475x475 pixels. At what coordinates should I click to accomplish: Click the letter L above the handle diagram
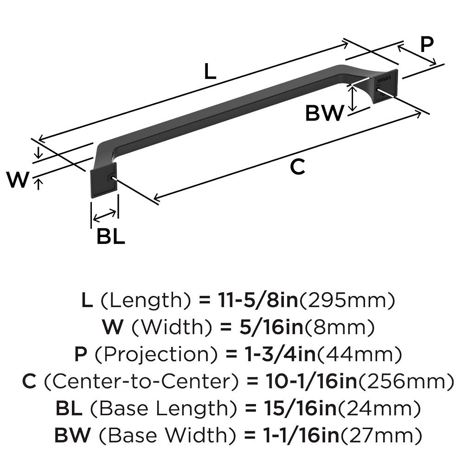coord(210,72)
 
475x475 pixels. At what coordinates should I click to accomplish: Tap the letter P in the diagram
coord(426,45)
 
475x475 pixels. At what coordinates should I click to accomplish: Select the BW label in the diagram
coord(325,113)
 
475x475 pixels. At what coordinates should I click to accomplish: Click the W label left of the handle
coord(18,180)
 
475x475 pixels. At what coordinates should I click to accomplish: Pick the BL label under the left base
coord(110,237)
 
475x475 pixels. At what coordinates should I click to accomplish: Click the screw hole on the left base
coord(111,179)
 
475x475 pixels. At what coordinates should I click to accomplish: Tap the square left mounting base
coord(101,181)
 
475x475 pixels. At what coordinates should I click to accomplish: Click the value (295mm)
coord(348,301)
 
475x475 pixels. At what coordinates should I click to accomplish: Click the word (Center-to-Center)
coord(141,382)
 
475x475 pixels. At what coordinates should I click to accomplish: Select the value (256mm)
coord(406,382)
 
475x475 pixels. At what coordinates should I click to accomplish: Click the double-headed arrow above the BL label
coord(105,215)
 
